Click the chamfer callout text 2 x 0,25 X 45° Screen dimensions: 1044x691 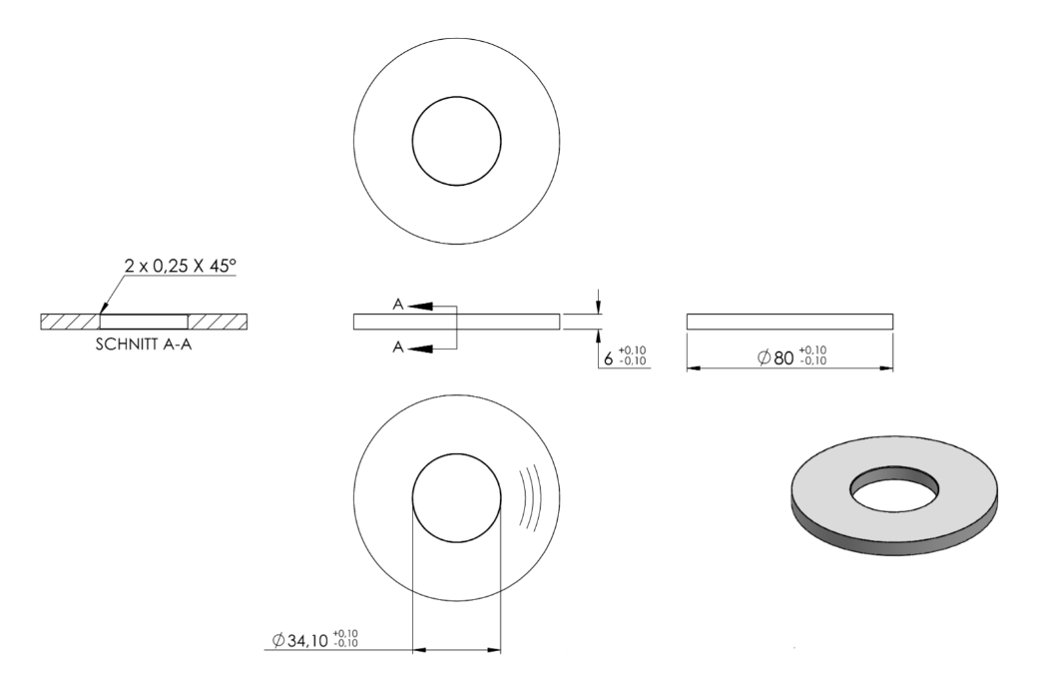click(181, 266)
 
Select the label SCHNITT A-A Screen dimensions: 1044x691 click(144, 345)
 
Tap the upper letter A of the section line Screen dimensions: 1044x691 click(398, 305)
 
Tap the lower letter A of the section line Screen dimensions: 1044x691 click(398, 347)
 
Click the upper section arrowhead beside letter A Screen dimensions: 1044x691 click(420, 306)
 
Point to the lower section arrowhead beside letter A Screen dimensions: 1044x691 click(420, 348)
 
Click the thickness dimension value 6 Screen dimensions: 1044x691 click(608, 359)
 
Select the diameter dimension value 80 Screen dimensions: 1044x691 click(783, 358)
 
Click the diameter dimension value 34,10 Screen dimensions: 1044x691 click(308, 641)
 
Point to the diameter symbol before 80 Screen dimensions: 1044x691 click(765, 357)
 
